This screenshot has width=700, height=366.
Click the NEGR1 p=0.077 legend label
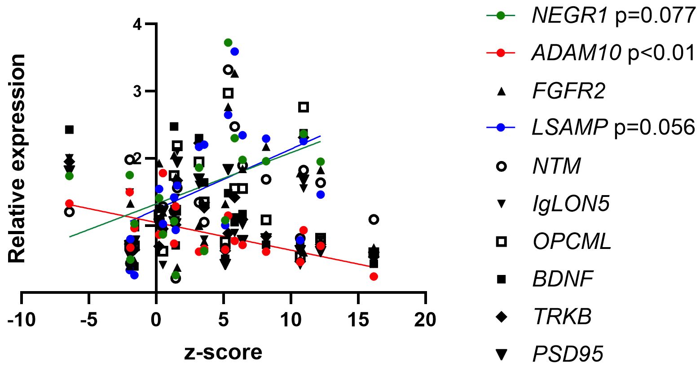(x=613, y=16)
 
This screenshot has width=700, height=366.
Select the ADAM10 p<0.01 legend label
(x=613, y=53)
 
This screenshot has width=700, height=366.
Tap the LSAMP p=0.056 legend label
(x=613, y=128)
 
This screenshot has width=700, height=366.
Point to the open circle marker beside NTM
(x=501, y=166)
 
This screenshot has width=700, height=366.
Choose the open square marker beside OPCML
(x=501, y=242)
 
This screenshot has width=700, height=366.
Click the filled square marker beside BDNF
(x=501, y=279)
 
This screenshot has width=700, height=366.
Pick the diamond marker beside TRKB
(x=501, y=317)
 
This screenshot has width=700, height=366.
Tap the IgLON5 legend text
(x=571, y=205)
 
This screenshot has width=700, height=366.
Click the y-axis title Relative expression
(x=17, y=158)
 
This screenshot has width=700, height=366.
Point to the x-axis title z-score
(x=223, y=353)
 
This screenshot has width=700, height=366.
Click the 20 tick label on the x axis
(x=425, y=320)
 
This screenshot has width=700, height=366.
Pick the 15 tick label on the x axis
(x=358, y=320)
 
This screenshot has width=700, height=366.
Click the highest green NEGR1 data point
(x=228, y=43)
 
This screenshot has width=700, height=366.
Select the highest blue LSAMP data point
(x=234, y=52)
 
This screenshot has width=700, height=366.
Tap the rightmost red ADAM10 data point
(x=374, y=276)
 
